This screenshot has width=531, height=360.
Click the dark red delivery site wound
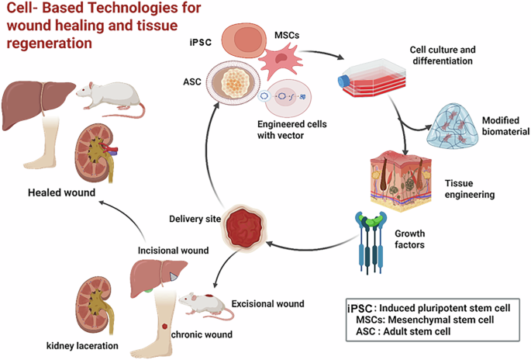(244, 227)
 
